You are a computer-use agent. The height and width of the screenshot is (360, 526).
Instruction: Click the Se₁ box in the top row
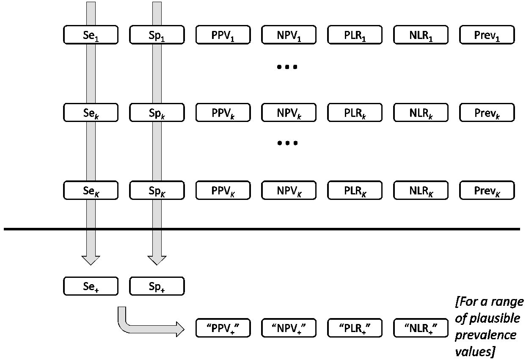click(x=91, y=35)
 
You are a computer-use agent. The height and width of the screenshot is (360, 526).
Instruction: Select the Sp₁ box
click(x=157, y=35)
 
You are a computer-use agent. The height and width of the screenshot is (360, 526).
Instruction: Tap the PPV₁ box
click(x=223, y=35)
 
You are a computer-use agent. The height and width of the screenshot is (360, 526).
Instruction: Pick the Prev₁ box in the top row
click(x=487, y=35)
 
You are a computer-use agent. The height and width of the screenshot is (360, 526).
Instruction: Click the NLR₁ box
click(x=421, y=35)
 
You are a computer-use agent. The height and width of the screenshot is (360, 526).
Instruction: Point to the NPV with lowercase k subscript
click(x=289, y=113)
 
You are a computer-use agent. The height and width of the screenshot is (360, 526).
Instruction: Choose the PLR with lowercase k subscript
click(x=355, y=113)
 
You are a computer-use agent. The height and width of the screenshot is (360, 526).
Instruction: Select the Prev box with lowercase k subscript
click(x=487, y=113)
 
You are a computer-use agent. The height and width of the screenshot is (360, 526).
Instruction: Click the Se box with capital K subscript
click(x=91, y=191)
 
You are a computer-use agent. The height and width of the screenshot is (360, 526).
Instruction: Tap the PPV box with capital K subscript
click(x=223, y=191)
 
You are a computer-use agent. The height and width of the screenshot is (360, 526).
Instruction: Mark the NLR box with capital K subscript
click(x=421, y=191)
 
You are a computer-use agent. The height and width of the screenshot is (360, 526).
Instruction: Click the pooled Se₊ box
click(x=91, y=286)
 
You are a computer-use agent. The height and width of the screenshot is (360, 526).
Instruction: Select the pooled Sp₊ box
click(x=157, y=286)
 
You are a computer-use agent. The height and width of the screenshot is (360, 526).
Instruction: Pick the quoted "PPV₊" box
click(x=223, y=327)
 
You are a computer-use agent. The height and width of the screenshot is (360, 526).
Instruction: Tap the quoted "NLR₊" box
click(x=421, y=327)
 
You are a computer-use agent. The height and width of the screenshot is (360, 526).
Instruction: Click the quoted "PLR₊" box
click(x=355, y=327)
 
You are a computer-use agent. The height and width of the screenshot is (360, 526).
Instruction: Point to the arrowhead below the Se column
click(x=91, y=260)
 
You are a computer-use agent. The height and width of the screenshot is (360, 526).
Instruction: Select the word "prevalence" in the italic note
click(x=486, y=335)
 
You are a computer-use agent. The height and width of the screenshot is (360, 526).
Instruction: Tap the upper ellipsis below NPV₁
click(x=287, y=67)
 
